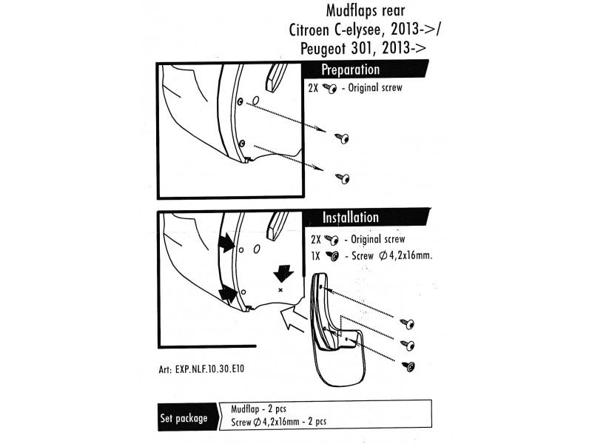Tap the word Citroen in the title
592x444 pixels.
[x=309, y=30]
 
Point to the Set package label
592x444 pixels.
[x=184, y=418]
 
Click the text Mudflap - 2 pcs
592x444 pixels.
[x=258, y=409]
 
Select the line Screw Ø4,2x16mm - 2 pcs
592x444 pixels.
[x=279, y=422]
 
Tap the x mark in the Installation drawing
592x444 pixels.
[x=280, y=290]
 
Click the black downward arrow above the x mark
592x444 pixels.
[x=283, y=273]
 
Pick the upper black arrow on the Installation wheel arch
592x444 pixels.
[x=227, y=242]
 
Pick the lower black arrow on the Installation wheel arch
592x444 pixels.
[x=227, y=293]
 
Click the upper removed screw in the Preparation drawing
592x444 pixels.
[x=342, y=138]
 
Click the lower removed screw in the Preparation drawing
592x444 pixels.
[x=343, y=178]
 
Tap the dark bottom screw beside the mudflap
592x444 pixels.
[x=409, y=366]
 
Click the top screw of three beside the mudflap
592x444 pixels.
[x=408, y=323]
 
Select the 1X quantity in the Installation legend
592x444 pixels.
[x=316, y=256]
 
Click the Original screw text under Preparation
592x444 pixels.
[x=375, y=88]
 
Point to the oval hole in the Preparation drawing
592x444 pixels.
[x=255, y=101]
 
